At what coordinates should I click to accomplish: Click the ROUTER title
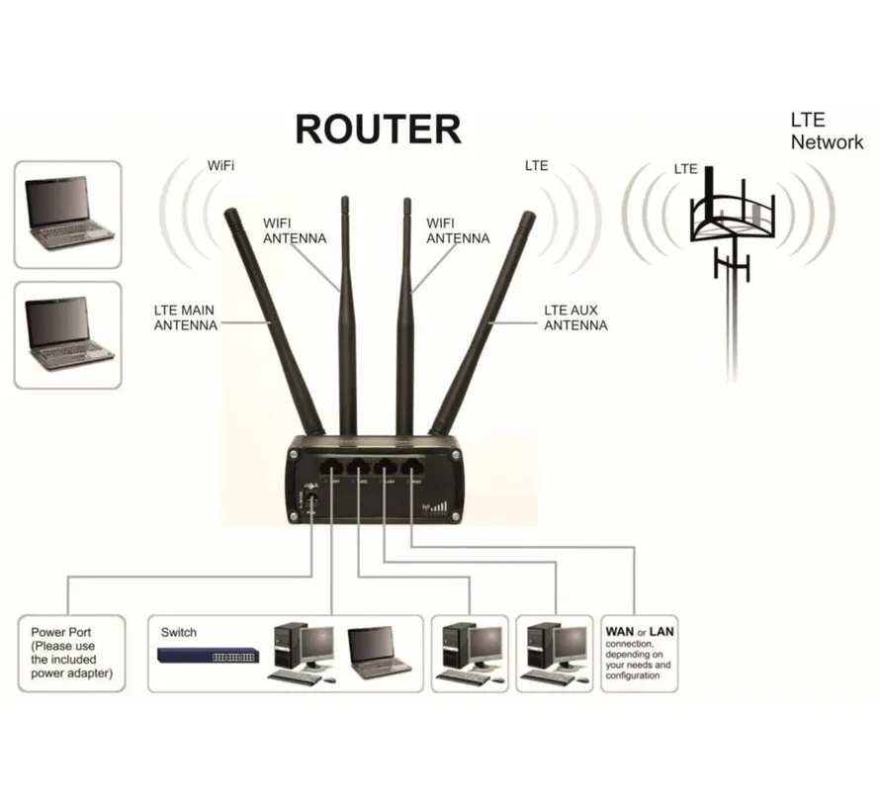(x=378, y=131)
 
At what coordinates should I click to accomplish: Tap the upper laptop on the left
(x=67, y=214)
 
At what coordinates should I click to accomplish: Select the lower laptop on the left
(x=67, y=334)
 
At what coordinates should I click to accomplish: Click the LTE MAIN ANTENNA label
(x=185, y=317)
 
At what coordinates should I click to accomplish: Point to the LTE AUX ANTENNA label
(x=575, y=317)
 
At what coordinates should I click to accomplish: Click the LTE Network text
(x=826, y=132)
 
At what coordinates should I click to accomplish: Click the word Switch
(x=178, y=632)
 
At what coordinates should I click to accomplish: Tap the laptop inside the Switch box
(x=380, y=653)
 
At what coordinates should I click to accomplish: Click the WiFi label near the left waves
(x=220, y=165)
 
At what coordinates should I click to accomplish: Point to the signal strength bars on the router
(x=436, y=508)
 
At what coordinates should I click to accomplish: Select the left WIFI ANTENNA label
(x=294, y=230)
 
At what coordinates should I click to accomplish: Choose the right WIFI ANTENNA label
(x=456, y=230)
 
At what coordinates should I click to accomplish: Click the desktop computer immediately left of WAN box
(x=555, y=653)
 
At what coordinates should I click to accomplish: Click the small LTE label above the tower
(x=685, y=169)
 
